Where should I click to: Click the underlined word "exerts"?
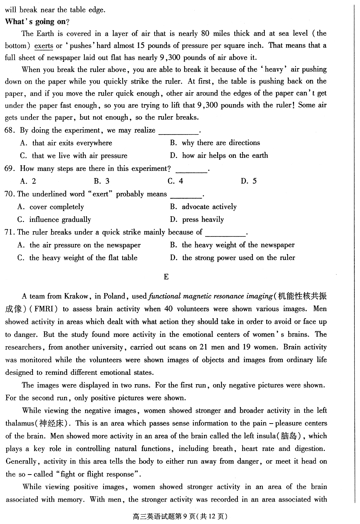[x=43, y=46]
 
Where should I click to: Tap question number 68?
[x=10, y=130]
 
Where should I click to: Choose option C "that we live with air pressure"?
[x=74, y=156]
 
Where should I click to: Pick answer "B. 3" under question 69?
[x=102, y=181]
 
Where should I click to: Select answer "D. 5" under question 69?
[x=249, y=181]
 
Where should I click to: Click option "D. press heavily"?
[x=197, y=220]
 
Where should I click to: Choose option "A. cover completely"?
[x=51, y=207]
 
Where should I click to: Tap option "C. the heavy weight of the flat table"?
[x=78, y=258]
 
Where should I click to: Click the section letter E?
[x=166, y=277]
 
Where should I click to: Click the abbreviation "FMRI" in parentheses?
[x=46, y=309]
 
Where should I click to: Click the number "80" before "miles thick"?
[x=205, y=33]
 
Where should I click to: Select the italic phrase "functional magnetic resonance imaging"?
[x=211, y=296]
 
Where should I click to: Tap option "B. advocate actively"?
[x=203, y=207]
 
